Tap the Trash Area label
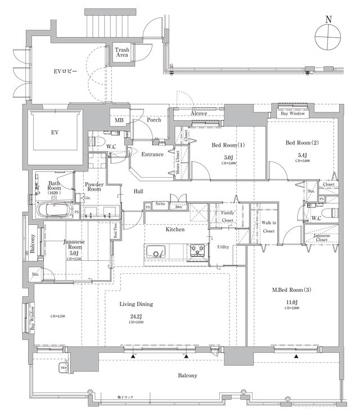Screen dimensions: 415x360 pos(122,52)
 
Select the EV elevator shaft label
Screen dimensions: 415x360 pos(55,132)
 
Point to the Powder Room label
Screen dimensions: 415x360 pos(93,187)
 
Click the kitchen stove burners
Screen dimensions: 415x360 pos(198,249)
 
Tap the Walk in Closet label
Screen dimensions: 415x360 pos(269,227)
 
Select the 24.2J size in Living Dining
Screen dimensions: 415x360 pos(136,316)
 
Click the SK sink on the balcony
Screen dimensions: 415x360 pos(63,368)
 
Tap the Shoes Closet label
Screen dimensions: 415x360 pos(178,163)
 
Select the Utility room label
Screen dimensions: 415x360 pos(223,247)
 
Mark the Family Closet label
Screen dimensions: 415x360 pos(227,216)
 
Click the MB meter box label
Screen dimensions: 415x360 pos(119,120)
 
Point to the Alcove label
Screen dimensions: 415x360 pos(199,113)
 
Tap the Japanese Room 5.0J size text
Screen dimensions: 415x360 pos(74,252)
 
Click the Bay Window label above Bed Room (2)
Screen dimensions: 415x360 pos(292,113)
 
